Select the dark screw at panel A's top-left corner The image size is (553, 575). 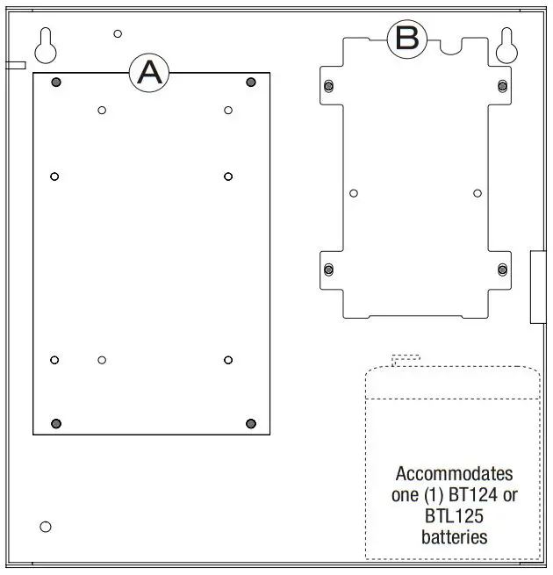[56, 83]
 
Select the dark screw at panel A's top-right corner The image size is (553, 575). [251, 83]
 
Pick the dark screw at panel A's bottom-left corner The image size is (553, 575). [56, 424]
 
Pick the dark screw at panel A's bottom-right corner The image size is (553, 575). [251, 424]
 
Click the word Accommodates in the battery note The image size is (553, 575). [454, 474]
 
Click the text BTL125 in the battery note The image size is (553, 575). [454, 516]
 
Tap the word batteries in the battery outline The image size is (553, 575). [454, 537]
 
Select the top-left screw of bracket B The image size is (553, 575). [328, 85]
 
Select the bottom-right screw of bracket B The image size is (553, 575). [502, 268]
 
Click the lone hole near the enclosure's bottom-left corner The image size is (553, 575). [46, 527]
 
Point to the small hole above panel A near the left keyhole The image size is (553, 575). [118, 34]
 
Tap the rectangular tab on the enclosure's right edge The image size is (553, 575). [538, 286]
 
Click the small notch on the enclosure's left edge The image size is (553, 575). [15, 64]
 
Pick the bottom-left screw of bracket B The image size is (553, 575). [328, 268]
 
